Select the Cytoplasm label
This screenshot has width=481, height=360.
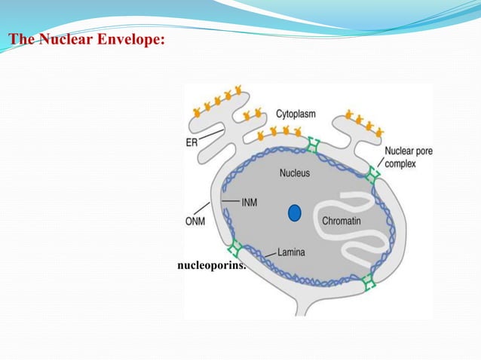295,114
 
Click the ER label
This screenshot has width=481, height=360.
193,141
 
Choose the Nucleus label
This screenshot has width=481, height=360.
294,173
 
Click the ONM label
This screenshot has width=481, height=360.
196,221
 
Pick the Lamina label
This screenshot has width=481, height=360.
291,252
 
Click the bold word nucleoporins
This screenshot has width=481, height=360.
212,266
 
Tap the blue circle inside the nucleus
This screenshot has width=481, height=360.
295,213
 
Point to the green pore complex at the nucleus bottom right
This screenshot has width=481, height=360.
367,282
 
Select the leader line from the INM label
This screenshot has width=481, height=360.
231,200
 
